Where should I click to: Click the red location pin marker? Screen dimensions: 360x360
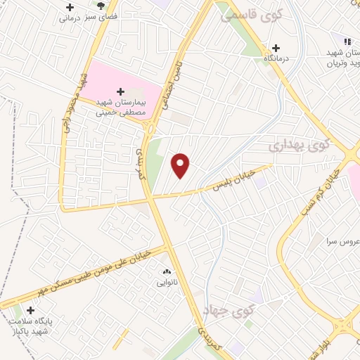click(181, 165)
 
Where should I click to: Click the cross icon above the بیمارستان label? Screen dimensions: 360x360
click(120, 91)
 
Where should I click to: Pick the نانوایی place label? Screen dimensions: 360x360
click(167, 283)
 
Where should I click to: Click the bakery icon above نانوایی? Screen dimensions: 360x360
click(167, 272)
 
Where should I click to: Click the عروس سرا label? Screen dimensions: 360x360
click(342, 241)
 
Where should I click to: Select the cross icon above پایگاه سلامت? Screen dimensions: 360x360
click(30, 310)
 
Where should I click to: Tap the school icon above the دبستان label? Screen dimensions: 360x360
click(347, 41)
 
